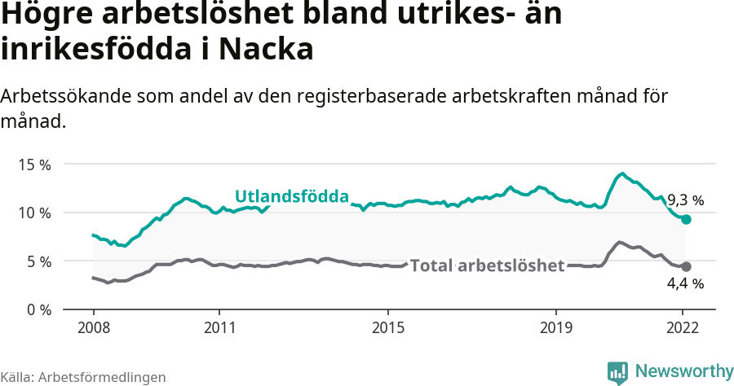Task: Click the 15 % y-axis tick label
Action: [33, 164]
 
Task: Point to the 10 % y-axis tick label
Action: [33, 213]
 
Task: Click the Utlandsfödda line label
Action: [292, 196]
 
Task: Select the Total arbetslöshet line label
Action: [488, 266]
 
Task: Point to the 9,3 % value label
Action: [685, 200]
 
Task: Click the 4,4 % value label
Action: [685, 284]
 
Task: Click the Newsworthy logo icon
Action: [617, 372]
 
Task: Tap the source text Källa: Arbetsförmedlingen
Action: [83, 377]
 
